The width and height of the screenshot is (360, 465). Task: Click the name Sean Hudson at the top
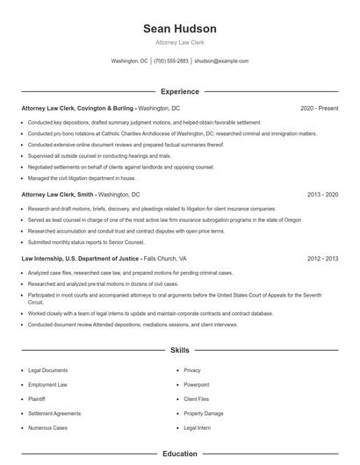[180, 29]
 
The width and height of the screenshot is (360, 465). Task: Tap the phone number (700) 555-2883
[171, 61]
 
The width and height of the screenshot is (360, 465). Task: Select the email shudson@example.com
[221, 61]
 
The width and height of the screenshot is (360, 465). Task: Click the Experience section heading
[180, 91]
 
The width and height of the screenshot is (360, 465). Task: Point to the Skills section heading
[180, 350]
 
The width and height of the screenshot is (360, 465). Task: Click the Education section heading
[180, 454]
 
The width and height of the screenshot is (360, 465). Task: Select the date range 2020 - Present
[319, 108]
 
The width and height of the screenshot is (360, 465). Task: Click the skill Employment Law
[49, 384]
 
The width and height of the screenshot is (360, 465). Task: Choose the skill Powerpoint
[197, 384]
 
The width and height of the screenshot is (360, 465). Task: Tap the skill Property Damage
[204, 413]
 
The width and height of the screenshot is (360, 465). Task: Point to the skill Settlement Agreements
[54, 413]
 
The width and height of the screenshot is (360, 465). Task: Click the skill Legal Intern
[198, 427]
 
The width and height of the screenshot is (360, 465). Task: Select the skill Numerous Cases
[48, 427]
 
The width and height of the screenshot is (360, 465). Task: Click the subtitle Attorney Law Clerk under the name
[180, 43]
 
